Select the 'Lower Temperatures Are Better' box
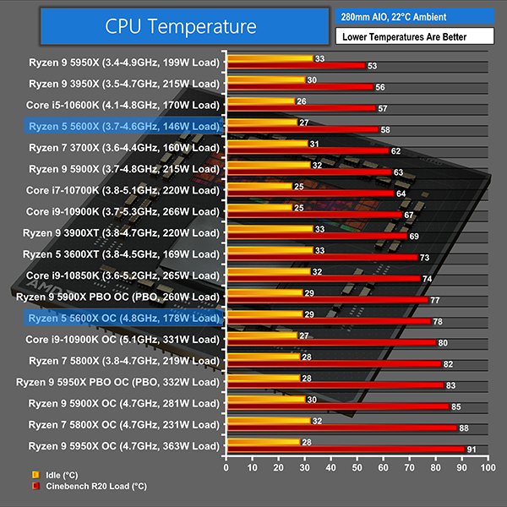coord(413,37)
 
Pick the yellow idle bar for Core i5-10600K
coord(260,101)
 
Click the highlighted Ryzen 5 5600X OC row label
coord(124,318)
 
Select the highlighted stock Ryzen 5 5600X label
coord(124,126)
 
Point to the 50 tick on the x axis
coord(356,466)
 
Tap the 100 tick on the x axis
coord(486,466)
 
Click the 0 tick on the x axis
coord(226,466)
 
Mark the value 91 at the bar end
coord(472,450)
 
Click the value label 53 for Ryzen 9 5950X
coord(372,66)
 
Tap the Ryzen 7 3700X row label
coord(124,147)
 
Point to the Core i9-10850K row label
coord(124,275)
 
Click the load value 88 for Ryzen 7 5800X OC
coord(464,428)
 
